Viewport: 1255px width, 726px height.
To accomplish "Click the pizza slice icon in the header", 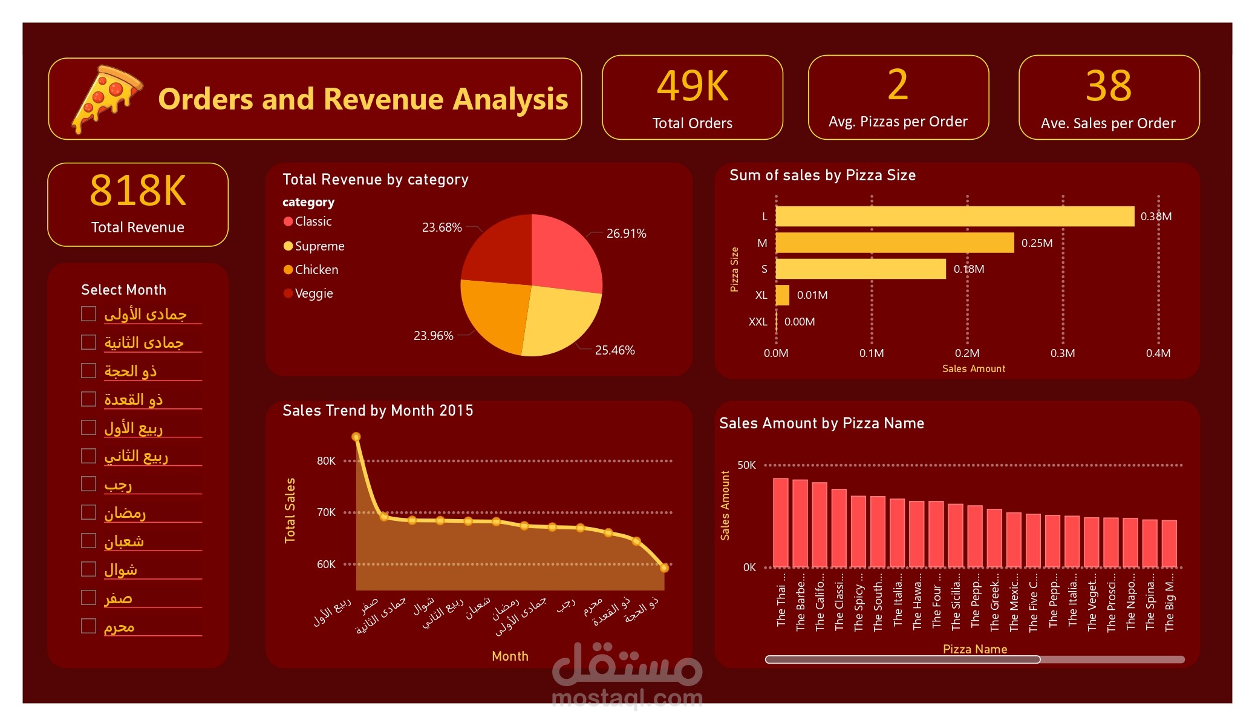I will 106,98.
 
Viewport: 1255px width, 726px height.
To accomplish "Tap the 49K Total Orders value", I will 693,86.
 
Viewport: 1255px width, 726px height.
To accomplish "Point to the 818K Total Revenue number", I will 138,191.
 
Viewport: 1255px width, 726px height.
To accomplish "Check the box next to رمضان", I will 89,512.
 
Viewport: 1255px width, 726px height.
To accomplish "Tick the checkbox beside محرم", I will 89,626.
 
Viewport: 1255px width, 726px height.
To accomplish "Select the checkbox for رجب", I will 89,484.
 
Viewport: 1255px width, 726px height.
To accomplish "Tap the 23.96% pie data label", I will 433,336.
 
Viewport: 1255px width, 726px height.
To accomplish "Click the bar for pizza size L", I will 954,217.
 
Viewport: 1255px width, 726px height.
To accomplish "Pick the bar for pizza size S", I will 860,269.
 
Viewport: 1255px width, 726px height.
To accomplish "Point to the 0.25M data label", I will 1037,243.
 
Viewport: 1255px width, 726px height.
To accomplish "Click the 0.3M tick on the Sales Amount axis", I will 1062,353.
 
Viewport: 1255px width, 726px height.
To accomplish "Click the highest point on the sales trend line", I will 356,437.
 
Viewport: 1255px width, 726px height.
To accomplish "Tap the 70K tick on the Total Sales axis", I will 326,512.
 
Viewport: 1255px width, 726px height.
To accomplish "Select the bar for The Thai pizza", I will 781,523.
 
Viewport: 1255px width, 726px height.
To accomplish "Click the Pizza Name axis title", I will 974,649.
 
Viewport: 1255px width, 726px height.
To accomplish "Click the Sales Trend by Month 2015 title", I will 377,411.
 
